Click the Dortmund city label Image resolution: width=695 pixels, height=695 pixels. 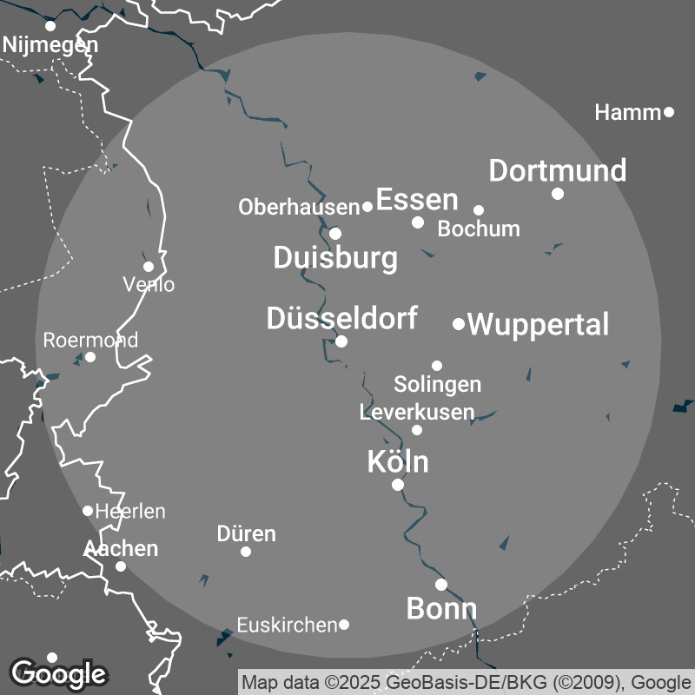557,170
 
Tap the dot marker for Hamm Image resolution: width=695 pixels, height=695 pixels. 669,111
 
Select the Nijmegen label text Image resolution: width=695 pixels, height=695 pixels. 50,44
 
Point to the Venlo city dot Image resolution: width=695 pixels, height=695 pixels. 149,267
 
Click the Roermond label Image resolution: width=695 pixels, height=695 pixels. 90,340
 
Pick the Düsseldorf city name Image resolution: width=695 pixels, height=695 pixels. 341,318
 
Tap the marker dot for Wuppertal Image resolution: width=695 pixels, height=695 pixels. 459,324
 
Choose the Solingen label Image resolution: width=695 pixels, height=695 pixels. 437,384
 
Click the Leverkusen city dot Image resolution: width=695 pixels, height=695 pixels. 417,430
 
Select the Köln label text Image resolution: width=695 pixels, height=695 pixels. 398,462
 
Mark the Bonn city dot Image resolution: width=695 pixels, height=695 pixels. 441,585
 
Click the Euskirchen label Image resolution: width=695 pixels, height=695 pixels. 287,625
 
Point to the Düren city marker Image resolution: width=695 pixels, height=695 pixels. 246,552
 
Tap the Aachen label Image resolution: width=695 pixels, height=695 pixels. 121,548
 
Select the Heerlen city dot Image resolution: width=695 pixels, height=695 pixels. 88,511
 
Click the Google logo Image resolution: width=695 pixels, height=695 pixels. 58,672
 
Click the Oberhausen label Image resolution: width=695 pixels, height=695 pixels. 299,207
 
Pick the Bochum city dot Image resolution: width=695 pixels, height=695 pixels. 479,209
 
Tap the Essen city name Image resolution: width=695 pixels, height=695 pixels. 416,200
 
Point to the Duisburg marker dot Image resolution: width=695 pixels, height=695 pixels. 335,233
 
